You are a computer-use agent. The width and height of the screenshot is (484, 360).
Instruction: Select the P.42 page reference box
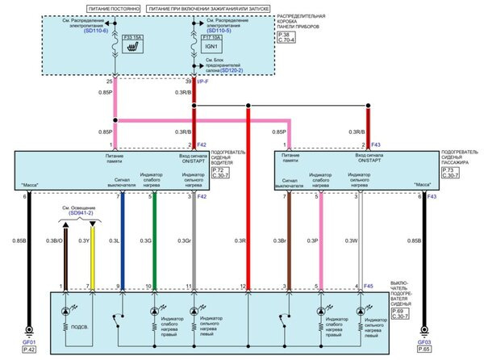click(x=29, y=348)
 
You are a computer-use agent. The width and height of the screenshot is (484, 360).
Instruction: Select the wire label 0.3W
click(x=350, y=240)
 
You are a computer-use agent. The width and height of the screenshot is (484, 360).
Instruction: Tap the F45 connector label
click(x=368, y=286)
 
